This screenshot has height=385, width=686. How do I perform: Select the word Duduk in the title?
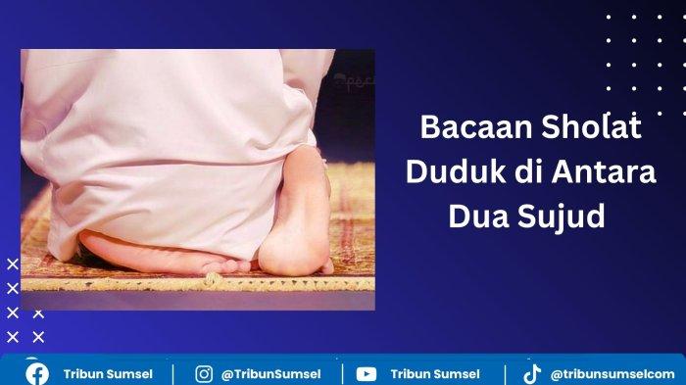(x=447, y=172)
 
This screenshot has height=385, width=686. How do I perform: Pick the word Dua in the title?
(x=476, y=217)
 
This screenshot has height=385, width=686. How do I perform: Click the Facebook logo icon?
(x=37, y=373)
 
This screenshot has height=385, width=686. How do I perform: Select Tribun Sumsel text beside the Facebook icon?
(x=108, y=374)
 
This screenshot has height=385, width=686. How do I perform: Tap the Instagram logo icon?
(x=204, y=373)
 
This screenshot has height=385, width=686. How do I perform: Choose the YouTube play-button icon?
(x=367, y=373)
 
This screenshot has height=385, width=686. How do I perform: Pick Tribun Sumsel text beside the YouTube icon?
(x=435, y=374)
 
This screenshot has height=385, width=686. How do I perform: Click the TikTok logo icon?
(x=532, y=373)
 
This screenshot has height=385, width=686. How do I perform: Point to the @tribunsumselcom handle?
(x=612, y=374)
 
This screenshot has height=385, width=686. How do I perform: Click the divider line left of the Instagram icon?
(x=173, y=374)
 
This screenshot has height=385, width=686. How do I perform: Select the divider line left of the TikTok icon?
(x=505, y=374)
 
